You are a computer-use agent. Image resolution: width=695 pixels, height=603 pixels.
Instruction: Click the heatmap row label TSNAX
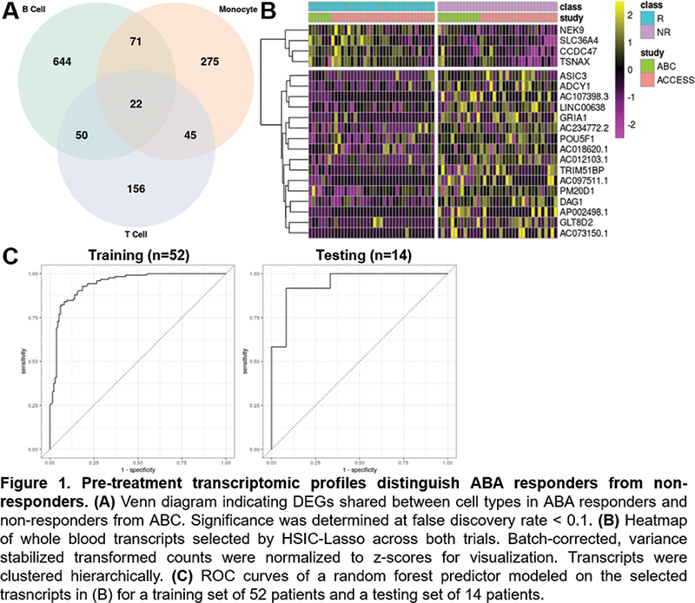tap(578, 62)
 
